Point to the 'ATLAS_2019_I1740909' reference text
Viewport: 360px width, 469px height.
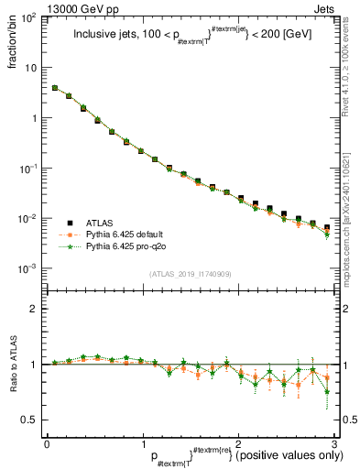click(x=191, y=274)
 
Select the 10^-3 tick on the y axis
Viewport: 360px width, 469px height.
click(x=30, y=269)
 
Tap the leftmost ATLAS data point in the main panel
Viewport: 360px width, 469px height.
click(x=55, y=89)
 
